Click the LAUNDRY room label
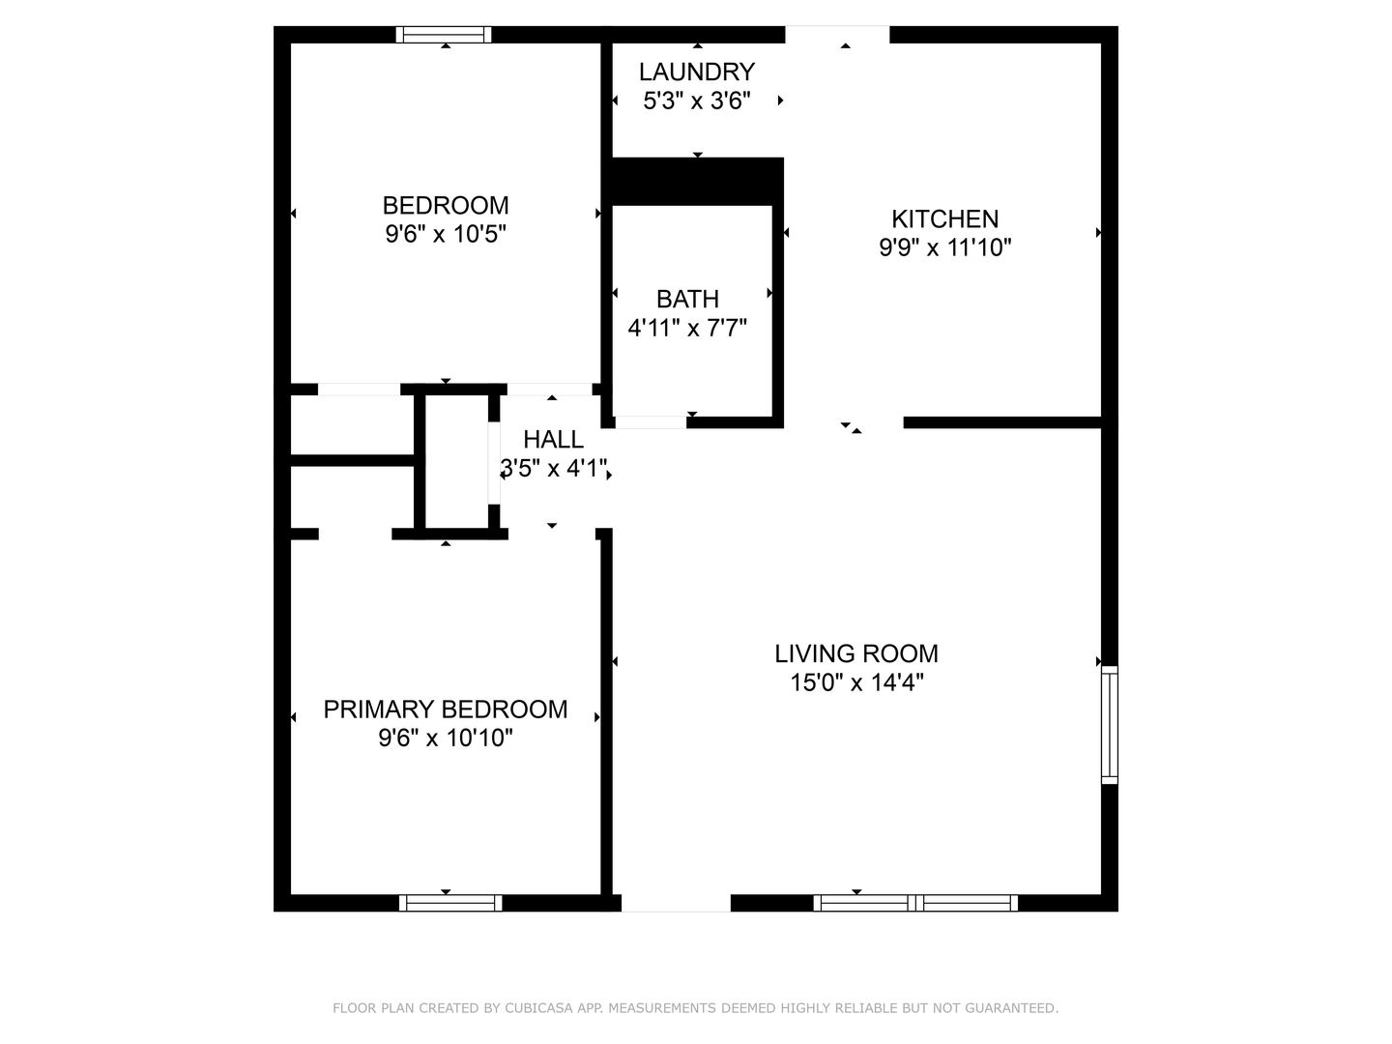click(x=696, y=72)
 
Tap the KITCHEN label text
click(x=944, y=219)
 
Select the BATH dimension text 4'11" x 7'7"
click(x=687, y=329)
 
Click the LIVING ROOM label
click(x=856, y=654)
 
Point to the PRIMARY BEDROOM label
click(x=446, y=710)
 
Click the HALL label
click(x=553, y=439)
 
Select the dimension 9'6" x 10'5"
click(x=446, y=235)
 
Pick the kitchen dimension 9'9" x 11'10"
click(x=944, y=247)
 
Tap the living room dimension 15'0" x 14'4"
click(x=856, y=683)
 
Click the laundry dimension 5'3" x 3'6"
click(x=696, y=101)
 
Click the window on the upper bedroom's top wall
click(x=444, y=34)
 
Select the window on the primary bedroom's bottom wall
click(x=450, y=903)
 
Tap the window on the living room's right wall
click(x=1109, y=725)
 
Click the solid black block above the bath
click(x=698, y=182)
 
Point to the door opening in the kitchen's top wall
click(x=837, y=34)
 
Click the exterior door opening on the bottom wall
click(x=676, y=903)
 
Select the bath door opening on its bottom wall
click(x=651, y=422)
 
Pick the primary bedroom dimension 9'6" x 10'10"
click(x=446, y=739)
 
